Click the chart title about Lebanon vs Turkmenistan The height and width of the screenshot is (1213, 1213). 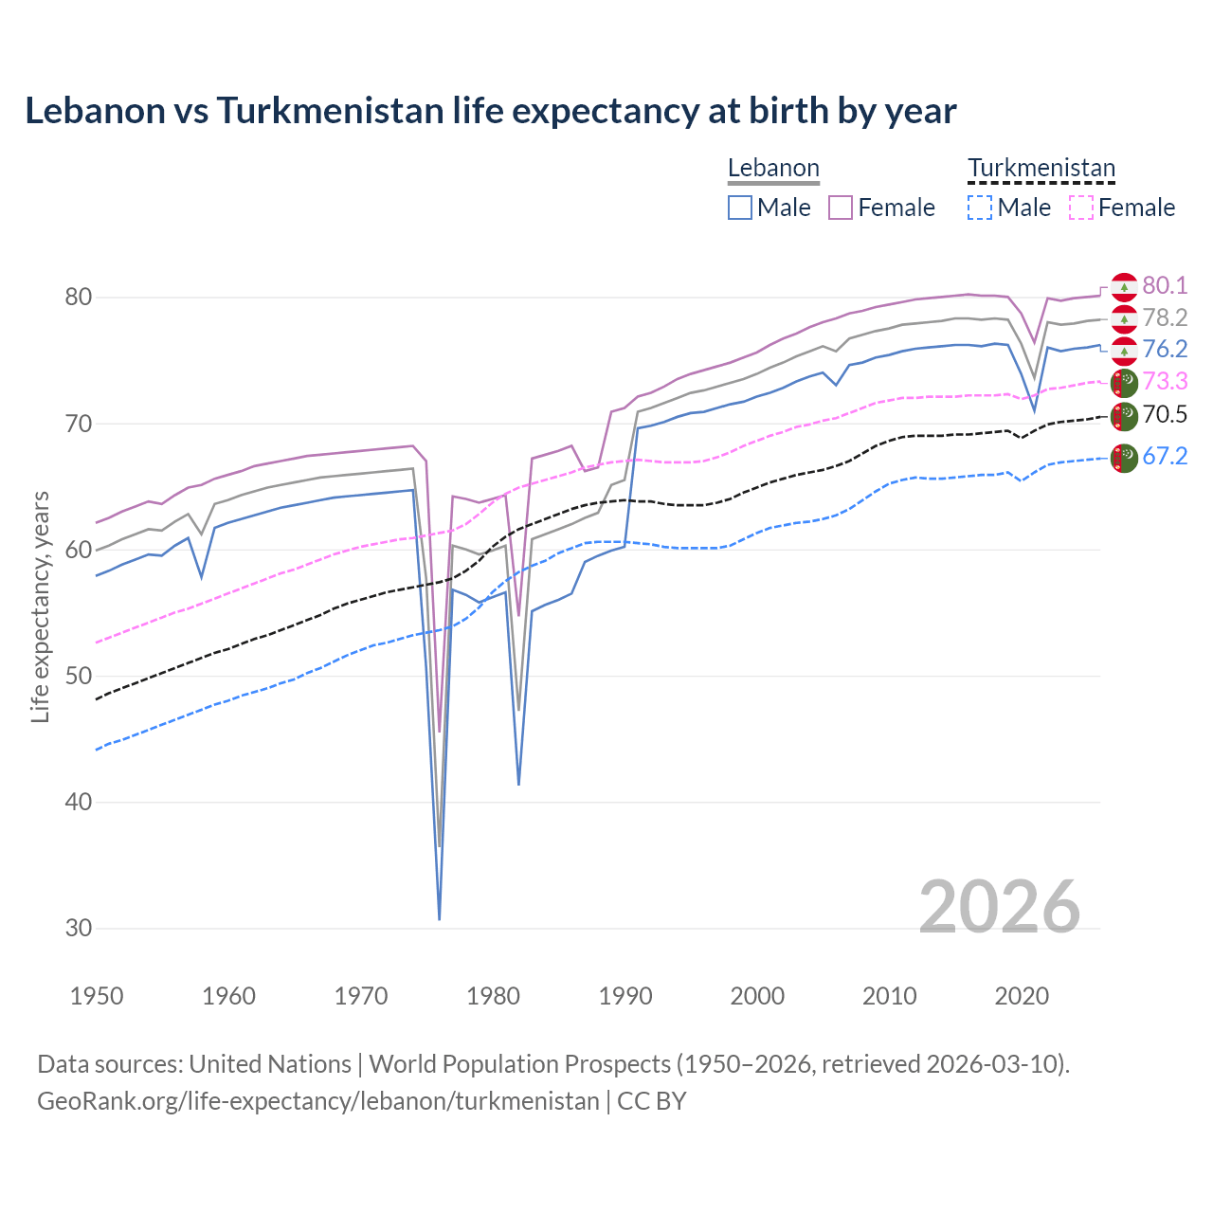pyautogui.click(x=490, y=111)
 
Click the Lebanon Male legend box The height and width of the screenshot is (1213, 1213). pyautogui.click(x=740, y=208)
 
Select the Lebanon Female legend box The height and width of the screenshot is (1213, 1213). pyautogui.click(x=842, y=208)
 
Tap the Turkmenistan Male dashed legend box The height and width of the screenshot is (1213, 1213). pyautogui.click(x=980, y=208)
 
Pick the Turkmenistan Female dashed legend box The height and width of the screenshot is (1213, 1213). pyautogui.click(x=1081, y=208)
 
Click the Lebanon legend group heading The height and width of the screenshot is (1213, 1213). pyautogui.click(x=773, y=169)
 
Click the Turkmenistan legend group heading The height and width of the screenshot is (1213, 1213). pyautogui.click(x=1041, y=169)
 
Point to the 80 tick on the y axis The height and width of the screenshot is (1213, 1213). pyautogui.click(x=79, y=298)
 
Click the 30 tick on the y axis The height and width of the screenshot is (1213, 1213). pyautogui.click(x=79, y=929)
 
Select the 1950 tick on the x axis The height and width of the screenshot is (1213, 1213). pyautogui.click(x=97, y=996)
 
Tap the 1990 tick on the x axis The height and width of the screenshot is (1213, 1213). pyautogui.click(x=625, y=996)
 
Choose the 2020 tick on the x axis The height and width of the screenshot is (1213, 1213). pyautogui.click(x=1022, y=996)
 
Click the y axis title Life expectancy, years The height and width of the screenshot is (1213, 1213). pyautogui.click(x=40, y=606)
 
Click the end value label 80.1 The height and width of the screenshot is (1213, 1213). pyautogui.click(x=1165, y=286)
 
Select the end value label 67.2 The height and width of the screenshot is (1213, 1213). pyautogui.click(x=1165, y=457)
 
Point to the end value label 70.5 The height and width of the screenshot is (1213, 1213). pyautogui.click(x=1165, y=415)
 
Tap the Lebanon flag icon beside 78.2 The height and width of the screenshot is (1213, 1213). pyautogui.click(x=1124, y=318)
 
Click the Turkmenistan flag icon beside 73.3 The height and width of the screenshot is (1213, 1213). pyautogui.click(x=1124, y=383)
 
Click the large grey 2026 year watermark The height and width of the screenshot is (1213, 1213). pyautogui.click(x=1000, y=907)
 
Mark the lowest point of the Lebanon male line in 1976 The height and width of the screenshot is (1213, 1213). pyautogui.click(x=440, y=918)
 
